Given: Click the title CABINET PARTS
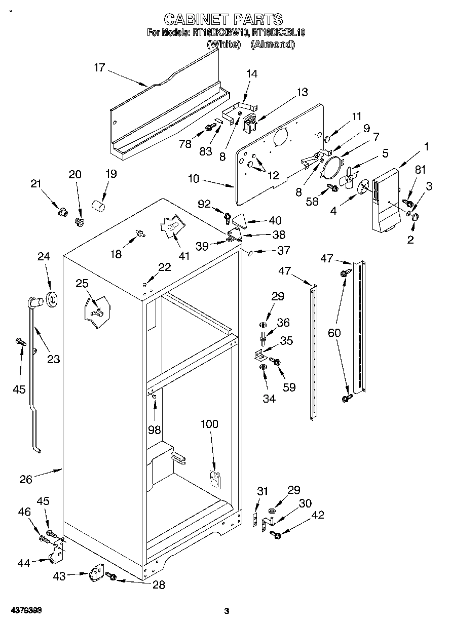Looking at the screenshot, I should pos(223,19).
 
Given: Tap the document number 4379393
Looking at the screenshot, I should pos(24,611).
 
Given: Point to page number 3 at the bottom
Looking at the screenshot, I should pos(227,611).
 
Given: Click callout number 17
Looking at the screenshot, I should pos(99,67).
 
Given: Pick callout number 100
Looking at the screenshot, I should pos(209,424).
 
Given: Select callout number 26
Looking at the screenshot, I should pos(26,479).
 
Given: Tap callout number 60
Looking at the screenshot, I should pos(334,333).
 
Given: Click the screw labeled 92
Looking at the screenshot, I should pos(228,218).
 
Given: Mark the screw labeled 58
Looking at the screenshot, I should pos(333,188).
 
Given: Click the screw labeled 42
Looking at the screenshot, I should pos(276,535).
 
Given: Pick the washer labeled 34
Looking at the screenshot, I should pos(262,367).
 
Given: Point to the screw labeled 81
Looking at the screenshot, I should pos(406,203).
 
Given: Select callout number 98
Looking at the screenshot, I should pos(154,430).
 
